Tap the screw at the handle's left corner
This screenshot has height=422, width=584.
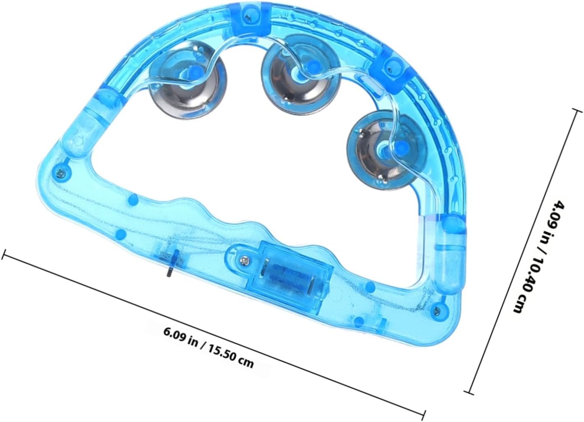tap(61, 172)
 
